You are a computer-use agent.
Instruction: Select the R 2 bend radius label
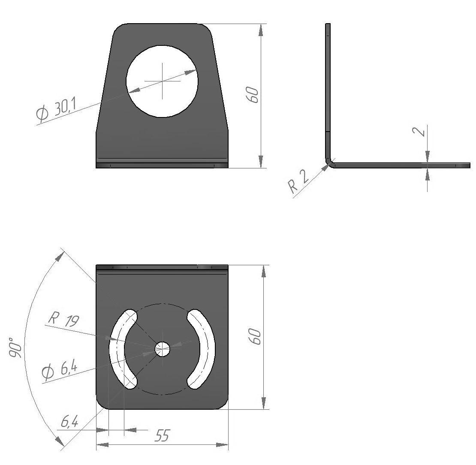point(298,181)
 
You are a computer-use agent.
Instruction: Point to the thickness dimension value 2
point(419,131)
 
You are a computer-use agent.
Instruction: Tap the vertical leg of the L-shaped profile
point(328,91)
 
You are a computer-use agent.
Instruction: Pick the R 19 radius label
point(64,320)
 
